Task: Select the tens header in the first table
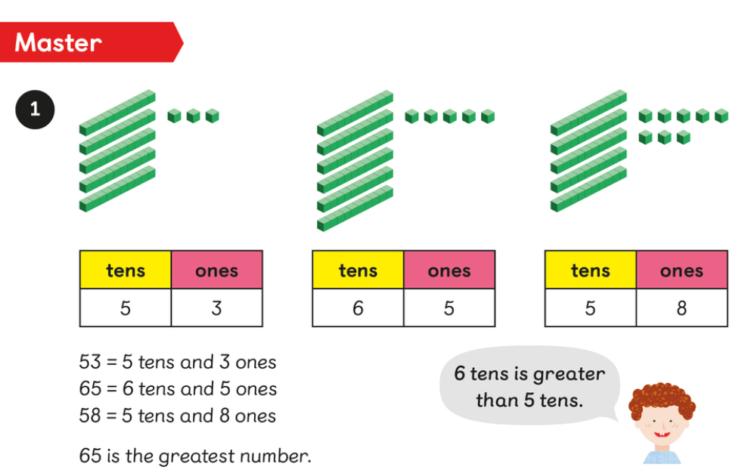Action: click(x=126, y=270)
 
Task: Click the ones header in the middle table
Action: click(x=449, y=270)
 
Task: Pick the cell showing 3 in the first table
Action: click(x=216, y=308)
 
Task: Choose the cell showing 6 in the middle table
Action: click(x=358, y=308)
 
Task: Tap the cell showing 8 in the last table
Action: click(x=681, y=308)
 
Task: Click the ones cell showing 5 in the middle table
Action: click(x=449, y=308)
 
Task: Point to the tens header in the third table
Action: click(x=590, y=270)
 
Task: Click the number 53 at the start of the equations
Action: click(x=90, y=362)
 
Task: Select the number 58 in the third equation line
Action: click(x=90, y=416)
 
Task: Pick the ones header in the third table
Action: click(x=681, y=270)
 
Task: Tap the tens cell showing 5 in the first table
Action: click(x=126, y=308)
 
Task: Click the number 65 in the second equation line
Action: click(x=90, y=389)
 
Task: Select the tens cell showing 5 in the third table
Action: click(x=590, y=308)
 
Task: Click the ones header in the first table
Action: click(x=216, y=270)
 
